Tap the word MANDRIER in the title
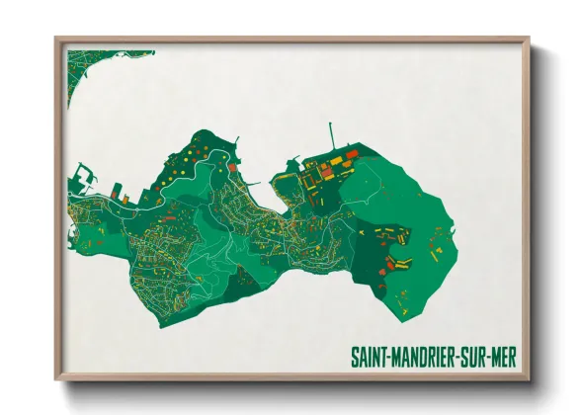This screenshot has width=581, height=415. [x=425, y=355]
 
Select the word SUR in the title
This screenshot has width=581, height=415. [x=479, y=355]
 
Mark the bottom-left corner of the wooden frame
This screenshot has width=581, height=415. [x=57, y=378]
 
